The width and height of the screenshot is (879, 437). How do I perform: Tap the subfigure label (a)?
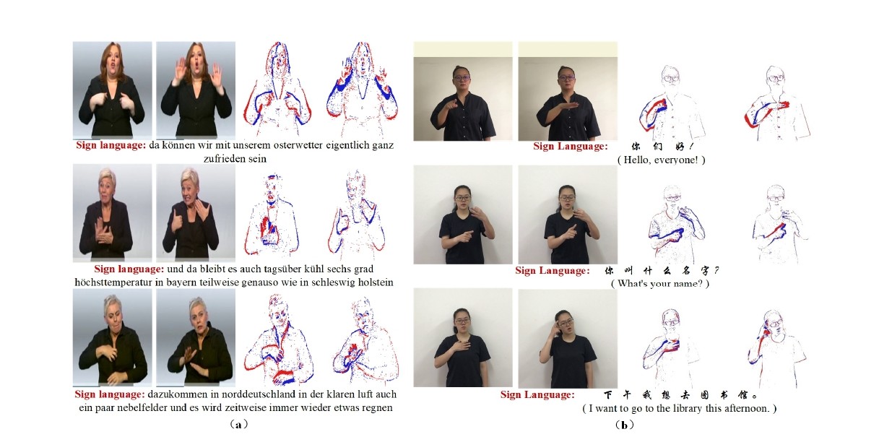click(237, 425)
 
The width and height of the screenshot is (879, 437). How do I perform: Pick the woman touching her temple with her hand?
click(568, 338)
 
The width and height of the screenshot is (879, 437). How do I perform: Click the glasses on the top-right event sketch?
click(776, 78)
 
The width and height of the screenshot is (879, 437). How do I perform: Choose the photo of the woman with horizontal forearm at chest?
click(568, 92)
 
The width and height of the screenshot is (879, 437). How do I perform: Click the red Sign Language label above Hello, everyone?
click(570, 147)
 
